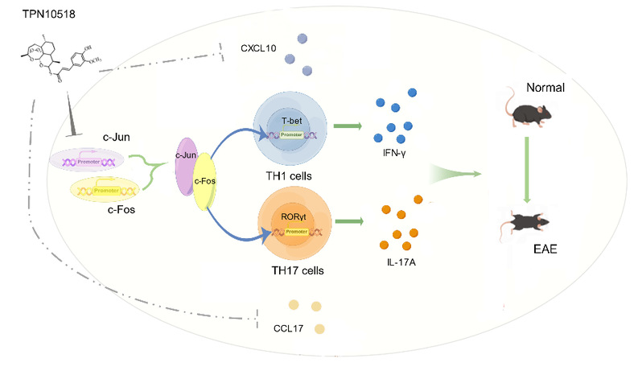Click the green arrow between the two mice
pos(527,166)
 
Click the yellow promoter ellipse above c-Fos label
pos(109,192)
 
